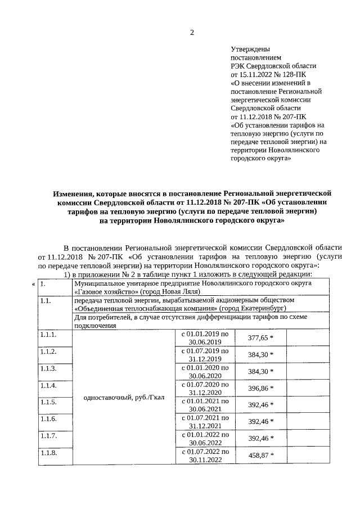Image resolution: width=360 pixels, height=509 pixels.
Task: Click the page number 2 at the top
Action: coord(192,32)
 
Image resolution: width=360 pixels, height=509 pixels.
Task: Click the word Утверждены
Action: coord(250,49)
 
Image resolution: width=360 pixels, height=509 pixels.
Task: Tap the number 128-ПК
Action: coord(296,74)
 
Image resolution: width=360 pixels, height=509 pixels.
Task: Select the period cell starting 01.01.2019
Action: coord(205,338)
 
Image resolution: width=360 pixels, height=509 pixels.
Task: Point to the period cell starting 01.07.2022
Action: coord(205,456)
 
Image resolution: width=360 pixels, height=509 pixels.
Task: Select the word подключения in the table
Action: coord(95,325)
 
